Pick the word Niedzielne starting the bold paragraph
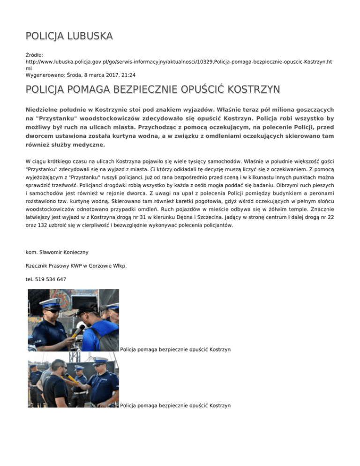click(45, 109)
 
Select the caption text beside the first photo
click(175, 350)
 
